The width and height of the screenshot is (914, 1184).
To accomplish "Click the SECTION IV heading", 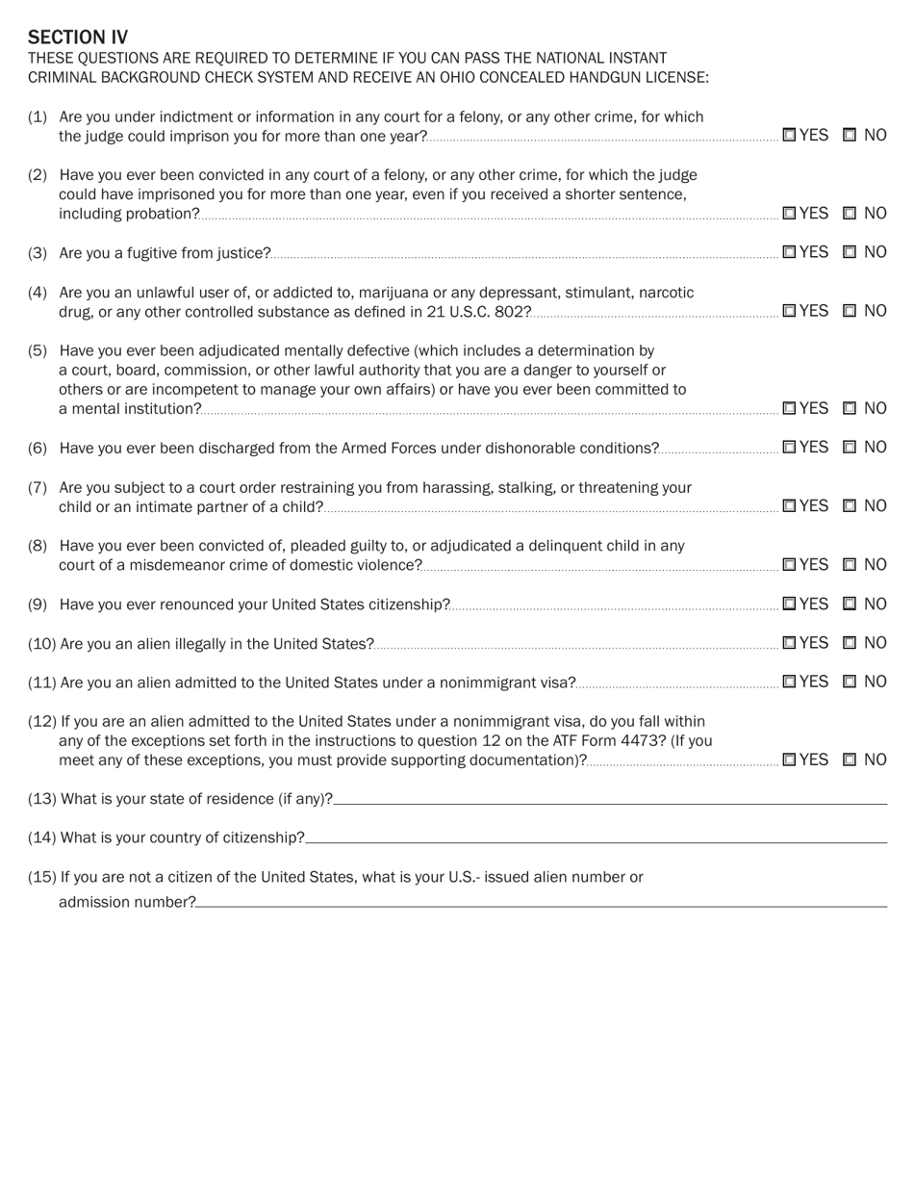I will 77,38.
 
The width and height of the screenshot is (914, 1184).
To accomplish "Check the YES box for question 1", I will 789,136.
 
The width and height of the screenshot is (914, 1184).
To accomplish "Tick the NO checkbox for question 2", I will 850,214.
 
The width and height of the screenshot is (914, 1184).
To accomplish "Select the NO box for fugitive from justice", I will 850,252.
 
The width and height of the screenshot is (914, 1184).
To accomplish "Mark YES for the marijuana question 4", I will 789,311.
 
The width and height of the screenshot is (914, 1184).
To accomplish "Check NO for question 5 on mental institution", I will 850,408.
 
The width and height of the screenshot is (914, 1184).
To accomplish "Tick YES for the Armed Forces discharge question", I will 789,448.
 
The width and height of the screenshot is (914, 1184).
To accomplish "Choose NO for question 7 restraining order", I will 850,506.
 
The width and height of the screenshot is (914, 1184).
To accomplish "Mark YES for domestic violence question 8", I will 789,565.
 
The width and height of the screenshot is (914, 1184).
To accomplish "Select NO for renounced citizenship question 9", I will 850,605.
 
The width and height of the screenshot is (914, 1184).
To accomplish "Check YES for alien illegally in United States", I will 789,643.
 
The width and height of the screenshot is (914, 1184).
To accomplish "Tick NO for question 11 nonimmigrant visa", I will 850,682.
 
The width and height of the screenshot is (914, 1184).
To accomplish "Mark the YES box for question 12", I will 789,759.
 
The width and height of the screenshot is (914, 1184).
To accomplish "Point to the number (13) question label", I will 42,799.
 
